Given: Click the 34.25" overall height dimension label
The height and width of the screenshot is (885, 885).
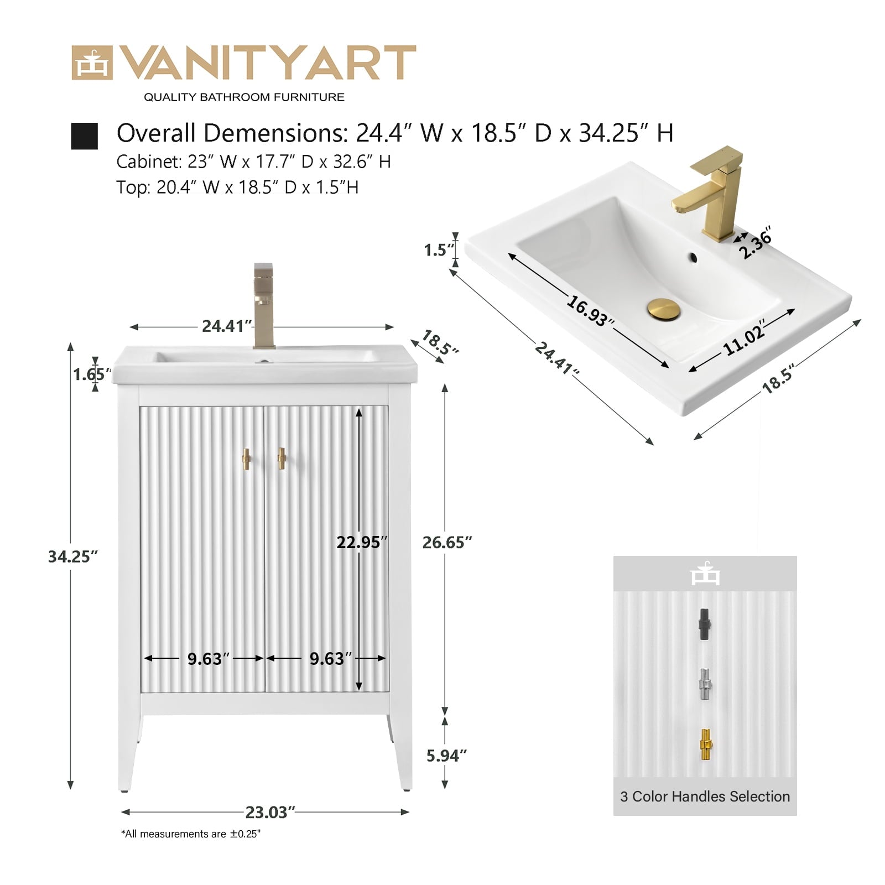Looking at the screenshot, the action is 72,556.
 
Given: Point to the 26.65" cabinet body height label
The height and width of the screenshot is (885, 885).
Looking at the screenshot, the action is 447,543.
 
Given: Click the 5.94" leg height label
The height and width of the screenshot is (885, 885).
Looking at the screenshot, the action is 446,756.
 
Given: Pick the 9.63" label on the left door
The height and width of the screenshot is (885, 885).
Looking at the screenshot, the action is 208,659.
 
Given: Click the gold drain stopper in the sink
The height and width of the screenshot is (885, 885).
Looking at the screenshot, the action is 664,308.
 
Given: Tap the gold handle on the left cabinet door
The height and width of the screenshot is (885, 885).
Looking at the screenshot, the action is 247,459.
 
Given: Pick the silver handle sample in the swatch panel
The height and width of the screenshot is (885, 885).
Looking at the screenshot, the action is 705,684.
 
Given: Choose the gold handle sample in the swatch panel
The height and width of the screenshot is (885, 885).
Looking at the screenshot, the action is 706,745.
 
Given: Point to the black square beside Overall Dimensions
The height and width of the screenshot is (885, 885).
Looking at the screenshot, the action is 84,136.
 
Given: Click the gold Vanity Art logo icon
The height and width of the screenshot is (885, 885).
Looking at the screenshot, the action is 92,63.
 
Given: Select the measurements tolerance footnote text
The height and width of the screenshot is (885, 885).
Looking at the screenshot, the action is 191,834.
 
